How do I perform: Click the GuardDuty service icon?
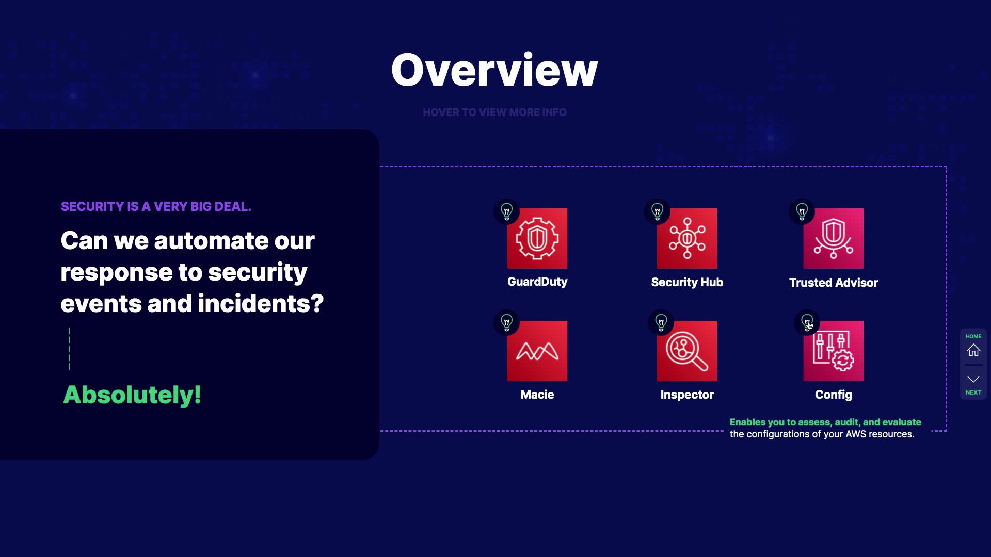click(537, 238)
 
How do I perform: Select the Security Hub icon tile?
click(687, 238)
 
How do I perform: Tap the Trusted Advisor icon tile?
click(833, 238)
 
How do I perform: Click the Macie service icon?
click(537, 351)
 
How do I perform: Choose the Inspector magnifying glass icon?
click(687, 351)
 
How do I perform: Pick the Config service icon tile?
click(833, 351)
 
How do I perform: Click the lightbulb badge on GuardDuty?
click(507, 211)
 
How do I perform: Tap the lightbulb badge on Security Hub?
click(657, 211)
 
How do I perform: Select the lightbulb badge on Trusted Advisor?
click(802, 211)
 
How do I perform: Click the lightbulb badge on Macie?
click(507, 323)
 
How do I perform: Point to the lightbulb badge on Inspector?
click(661, 323)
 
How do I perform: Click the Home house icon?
click(973, 350)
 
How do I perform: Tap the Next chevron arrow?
click(973, 379)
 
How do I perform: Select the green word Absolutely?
click(132, 395)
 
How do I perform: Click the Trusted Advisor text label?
click(833, 283)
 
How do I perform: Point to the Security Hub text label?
click(687, 282)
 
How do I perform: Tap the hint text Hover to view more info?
click(494, 112)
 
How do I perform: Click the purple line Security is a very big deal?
click(156, 206)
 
